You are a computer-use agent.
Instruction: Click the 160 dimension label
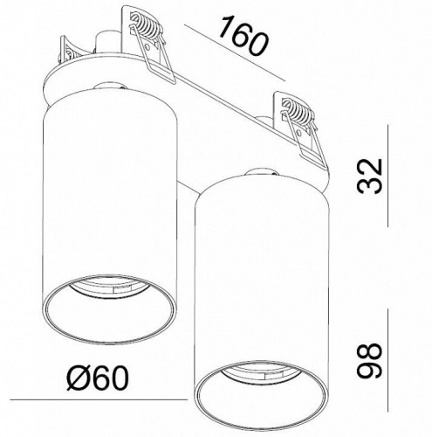pyautogui.click(x=243, y=36)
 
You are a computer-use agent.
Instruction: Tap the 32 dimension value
pyautogui.click(x=369, y=176)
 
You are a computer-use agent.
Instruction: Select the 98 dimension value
pyautogui.click(x=369, y=360)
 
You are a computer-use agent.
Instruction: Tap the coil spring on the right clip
pyautogui.click(x=296, y=112)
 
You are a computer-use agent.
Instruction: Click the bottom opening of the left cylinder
pyautogui.click(x=109, y=309)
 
